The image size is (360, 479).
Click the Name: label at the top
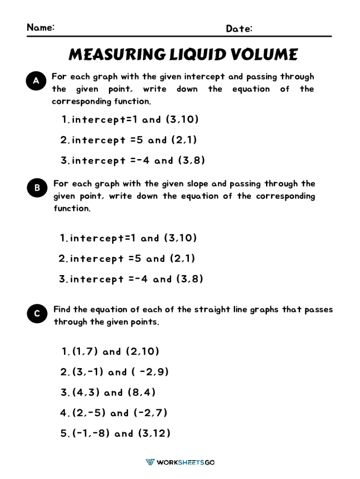[x=41, y=27]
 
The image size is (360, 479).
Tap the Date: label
[x=239, y=29]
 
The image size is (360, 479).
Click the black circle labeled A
[x=36, y=81]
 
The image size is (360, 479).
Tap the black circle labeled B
[x=37, y=188]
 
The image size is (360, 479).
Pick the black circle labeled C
[x=37, y=314]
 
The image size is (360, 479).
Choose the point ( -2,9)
[x=150, y=372]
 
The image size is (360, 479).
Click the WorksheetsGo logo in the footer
[x=180, y=462]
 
